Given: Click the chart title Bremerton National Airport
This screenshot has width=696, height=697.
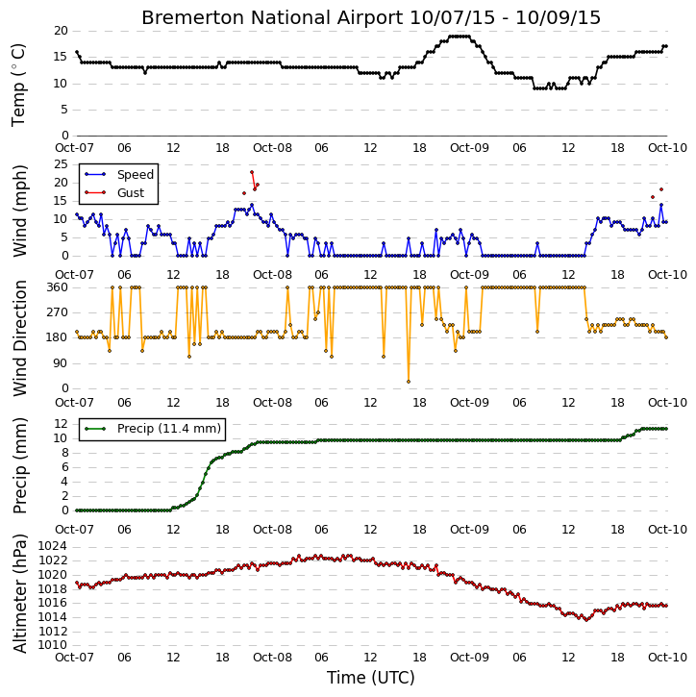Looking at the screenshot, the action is click(x=272, y=17).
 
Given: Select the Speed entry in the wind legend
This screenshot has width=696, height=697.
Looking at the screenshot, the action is click(x=136, y=175).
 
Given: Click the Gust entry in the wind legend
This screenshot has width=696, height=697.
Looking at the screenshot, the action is click(x=131, y=193).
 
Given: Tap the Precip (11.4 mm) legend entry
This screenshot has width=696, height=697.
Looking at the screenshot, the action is click(x=169, y=429).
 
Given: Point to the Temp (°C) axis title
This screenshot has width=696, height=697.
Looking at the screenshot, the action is click(x=18, y=85).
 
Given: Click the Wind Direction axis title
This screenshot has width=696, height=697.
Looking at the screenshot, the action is click(x=19, y=338).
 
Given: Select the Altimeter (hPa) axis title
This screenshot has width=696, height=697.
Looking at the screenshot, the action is click(x=19, y=594).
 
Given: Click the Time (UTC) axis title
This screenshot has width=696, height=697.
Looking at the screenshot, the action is click(x=371, y=678).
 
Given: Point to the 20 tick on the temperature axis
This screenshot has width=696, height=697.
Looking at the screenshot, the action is click(x=61, y=31).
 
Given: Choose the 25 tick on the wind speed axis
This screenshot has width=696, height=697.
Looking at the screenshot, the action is click(x=61, y=164).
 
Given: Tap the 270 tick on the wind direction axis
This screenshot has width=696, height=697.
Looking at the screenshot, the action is click(x=58, y=312).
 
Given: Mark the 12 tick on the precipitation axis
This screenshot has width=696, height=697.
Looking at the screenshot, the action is click(x=61, y=424).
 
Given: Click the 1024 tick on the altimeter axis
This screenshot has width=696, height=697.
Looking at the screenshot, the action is click(x=53, y=546).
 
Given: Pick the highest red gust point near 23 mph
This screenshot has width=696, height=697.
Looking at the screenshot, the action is click(x=252, y=172).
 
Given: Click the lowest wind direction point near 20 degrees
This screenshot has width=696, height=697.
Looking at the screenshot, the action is click(x=409, y=382).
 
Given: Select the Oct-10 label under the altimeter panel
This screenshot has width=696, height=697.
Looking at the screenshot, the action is click(x=667, y=657).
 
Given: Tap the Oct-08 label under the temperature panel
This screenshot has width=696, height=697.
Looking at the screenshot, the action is click(x=272, y=148).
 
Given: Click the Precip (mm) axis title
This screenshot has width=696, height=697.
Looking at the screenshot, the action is click(x=19, y=466).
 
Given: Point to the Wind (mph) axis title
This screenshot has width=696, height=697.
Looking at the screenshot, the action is click(x=19, y=212).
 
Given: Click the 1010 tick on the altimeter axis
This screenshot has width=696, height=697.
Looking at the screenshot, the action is click(x=53, y=645).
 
